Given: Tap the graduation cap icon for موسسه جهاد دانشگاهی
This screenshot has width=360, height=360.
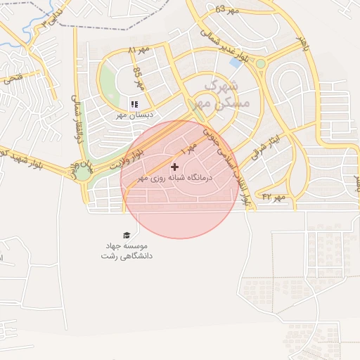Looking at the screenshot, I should click(127, 236).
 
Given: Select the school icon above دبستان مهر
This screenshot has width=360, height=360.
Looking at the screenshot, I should click(134, 104).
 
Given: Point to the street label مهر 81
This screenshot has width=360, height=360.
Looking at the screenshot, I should click(140, 50).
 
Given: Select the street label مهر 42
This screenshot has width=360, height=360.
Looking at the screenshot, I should click(274, 197).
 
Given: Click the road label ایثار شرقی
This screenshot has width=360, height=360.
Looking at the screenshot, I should click(264, 150).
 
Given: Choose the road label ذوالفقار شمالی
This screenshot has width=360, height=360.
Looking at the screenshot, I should click(78, 120).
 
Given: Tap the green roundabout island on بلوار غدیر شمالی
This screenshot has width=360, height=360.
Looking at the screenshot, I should click(261, 64).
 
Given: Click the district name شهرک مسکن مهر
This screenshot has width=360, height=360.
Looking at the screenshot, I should click(222, 94).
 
